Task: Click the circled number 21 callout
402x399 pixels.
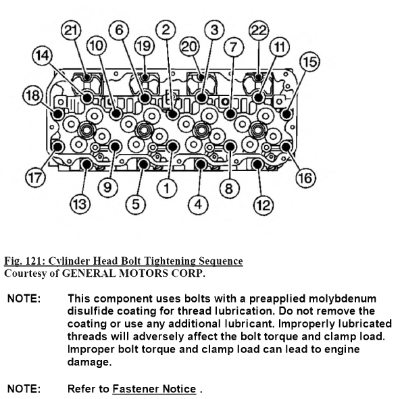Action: click(x=71, y=30)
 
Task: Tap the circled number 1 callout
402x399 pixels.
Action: click(x=167, y=188)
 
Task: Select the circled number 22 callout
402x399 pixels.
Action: click(x=259, y=30)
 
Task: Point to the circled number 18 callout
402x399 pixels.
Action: click(x=33, y=95)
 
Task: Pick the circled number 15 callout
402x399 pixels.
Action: click(x=309, y=61)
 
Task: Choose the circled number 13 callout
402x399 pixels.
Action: click(x=80, y=205)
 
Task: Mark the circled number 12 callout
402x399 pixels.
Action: click(x=263, y=205)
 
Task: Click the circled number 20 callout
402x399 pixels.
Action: click(x=189, y=47)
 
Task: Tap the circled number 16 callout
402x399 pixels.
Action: click(x=305, y=178)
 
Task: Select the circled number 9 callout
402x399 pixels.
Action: click(x=107, y=187)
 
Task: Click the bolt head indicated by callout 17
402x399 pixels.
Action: click(x=58, y=147)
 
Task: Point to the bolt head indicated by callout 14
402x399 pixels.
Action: click(x=87, y=98)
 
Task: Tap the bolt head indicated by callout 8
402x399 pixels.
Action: click(x=230, y=147)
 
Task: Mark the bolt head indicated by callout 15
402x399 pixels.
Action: click(x=286, y=114)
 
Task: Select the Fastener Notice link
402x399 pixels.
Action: click(x=154, y=389)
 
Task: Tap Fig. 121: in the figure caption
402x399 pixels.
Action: click(x=25, y=261)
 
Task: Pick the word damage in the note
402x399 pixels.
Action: click(x=89, y=362)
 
